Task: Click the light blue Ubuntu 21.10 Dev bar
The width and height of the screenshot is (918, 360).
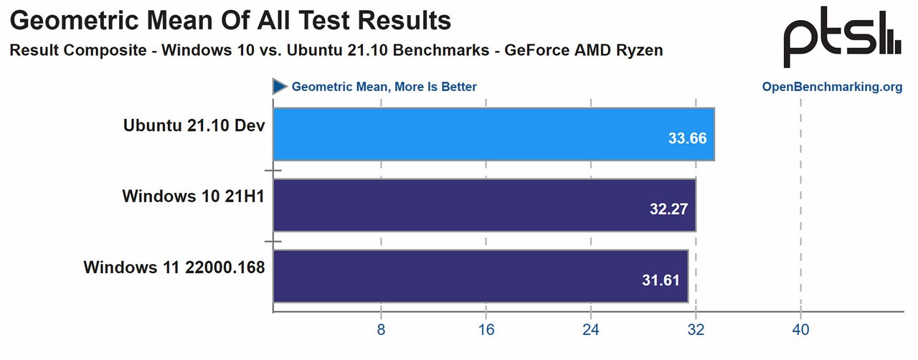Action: [x=493, y=133]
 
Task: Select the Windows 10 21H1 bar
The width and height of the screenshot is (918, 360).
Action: [x=484, y=205]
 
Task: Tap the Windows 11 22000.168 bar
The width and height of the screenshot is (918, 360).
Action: [x=481, y=276]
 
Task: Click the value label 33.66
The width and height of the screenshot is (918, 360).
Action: [x=687, y=138]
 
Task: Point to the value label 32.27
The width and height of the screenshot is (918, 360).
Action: [x=668, y=209]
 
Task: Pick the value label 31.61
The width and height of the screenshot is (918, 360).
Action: [x=661, y=280]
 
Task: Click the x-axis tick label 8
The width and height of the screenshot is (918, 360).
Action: [x=381, y=331]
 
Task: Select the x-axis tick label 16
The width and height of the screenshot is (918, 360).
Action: [x=486, y=331]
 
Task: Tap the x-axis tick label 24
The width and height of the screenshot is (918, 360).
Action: [x=591, y=331]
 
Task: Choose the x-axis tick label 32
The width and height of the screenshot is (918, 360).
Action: [x=696, y=331]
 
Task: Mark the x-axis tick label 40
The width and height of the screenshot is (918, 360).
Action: [x=800, y=331]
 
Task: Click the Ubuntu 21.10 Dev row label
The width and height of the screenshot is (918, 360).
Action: [x=194, y=125]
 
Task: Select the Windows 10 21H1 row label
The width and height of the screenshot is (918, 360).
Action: [x=194, y=196]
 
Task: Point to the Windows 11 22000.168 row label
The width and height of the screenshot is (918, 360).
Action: [x=174, y=268]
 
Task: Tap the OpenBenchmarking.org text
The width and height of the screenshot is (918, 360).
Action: [x=832, y=87]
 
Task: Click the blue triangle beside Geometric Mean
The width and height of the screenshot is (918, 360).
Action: [x=280, y=87]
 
